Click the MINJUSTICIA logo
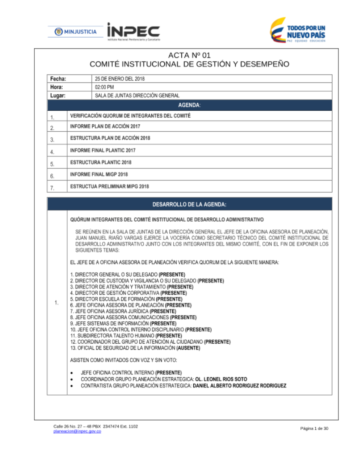[x=76, y=32]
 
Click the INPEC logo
[x=133, y=31]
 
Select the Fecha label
[x=58, y=79]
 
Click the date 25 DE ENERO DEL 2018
[x=119, y=79]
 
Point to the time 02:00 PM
[x=104, y=87]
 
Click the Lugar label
[x=58, y=96]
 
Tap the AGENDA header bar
[x=189, y=105]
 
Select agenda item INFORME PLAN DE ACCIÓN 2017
[x=105, y=127]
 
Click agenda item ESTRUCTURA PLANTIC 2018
[x=101, y=162]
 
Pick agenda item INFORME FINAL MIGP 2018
[x=99, y=174]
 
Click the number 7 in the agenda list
[x=52, y=188]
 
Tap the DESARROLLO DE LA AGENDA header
[x=189, y=204]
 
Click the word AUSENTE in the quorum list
[x=188, y=348]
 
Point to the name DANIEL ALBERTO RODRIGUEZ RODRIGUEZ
[x=239, y=386]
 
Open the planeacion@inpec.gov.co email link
[x=77, y=431]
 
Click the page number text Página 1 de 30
[x=314, y=429]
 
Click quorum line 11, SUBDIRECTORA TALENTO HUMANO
[x=126, y=336]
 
